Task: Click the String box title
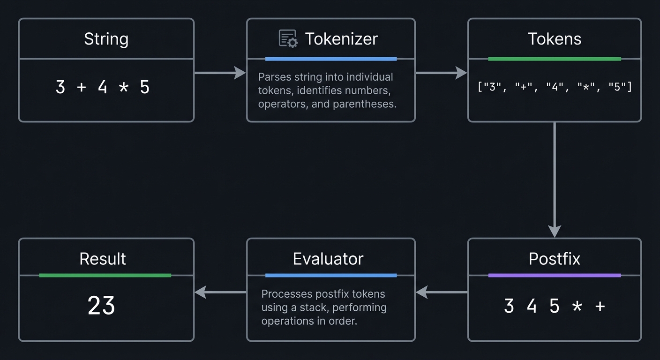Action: click(x=106, y=39)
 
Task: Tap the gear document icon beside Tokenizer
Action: click(x=288, y=38)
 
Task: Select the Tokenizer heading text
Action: click(x=341, y=39)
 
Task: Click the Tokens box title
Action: click(x=555, y=39)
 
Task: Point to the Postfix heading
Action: click(x=555, y=259)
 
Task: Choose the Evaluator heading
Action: click(x=328, y=259)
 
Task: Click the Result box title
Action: click(x=103, y=259)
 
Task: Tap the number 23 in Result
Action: click(x=101, y=306)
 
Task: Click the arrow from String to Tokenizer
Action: click(x=220, y=73)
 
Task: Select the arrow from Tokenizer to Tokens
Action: click(x=441, y=73)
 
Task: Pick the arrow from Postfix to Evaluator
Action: click(x=442, y=292)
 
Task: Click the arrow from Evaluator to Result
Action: click(x=220, y=292)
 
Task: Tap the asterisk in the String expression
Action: click(x=123, y=88)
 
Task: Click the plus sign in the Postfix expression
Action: click(x=600, y=306)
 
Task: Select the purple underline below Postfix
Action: click(x=555, y=275)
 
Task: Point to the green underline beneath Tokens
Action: click(x=555, y=59)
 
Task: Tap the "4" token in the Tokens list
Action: click(x=555, y=87)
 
